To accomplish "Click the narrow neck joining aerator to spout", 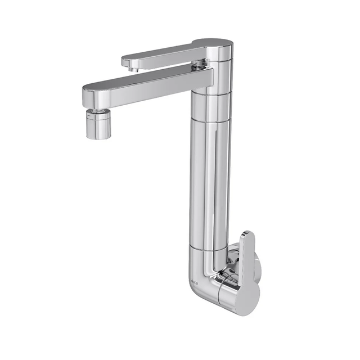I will [x=96, y=110].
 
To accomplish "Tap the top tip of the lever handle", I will [x=249, y=233].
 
